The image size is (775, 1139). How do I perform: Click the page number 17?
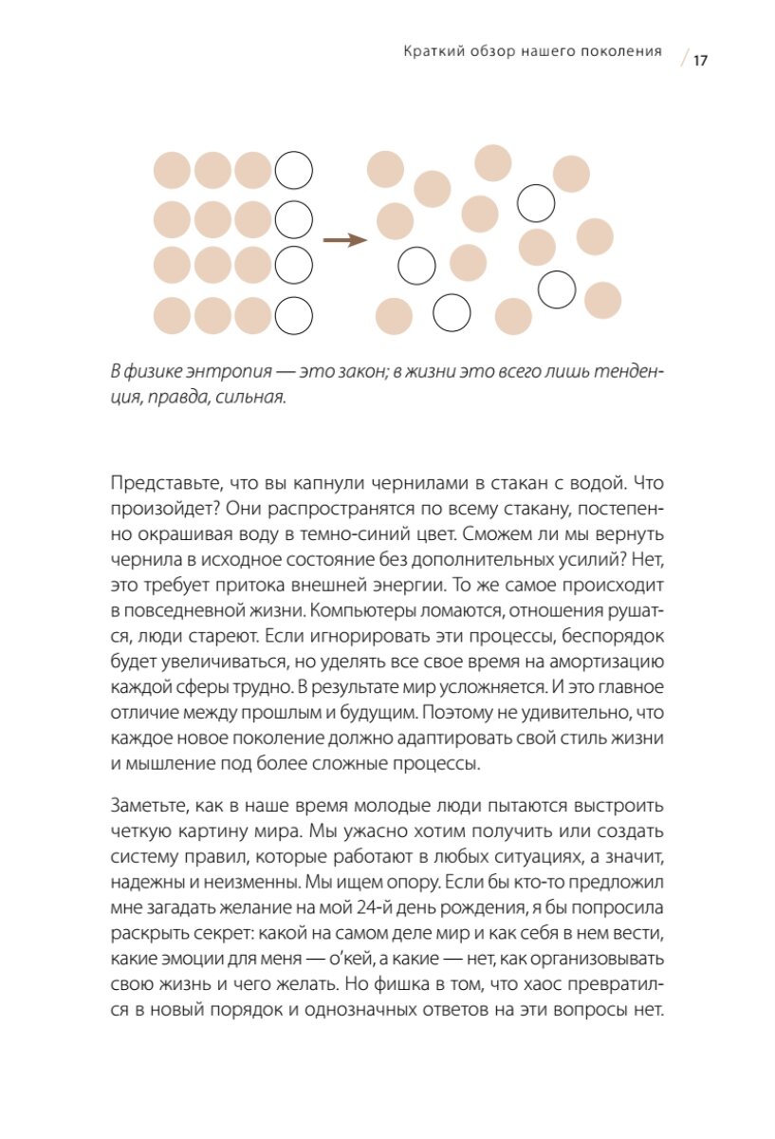click(700, 61)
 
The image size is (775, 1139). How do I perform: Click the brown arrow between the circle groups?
click(344, 241)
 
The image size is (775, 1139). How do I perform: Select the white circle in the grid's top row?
click(294, 171)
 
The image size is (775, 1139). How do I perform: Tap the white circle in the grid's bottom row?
click(294, 316)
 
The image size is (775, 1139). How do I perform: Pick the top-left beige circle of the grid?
click(173, 171)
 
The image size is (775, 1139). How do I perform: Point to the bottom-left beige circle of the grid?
click(173, 316)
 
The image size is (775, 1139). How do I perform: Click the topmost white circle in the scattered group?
click(536, 201)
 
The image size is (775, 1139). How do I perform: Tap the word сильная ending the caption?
click(256, 396)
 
